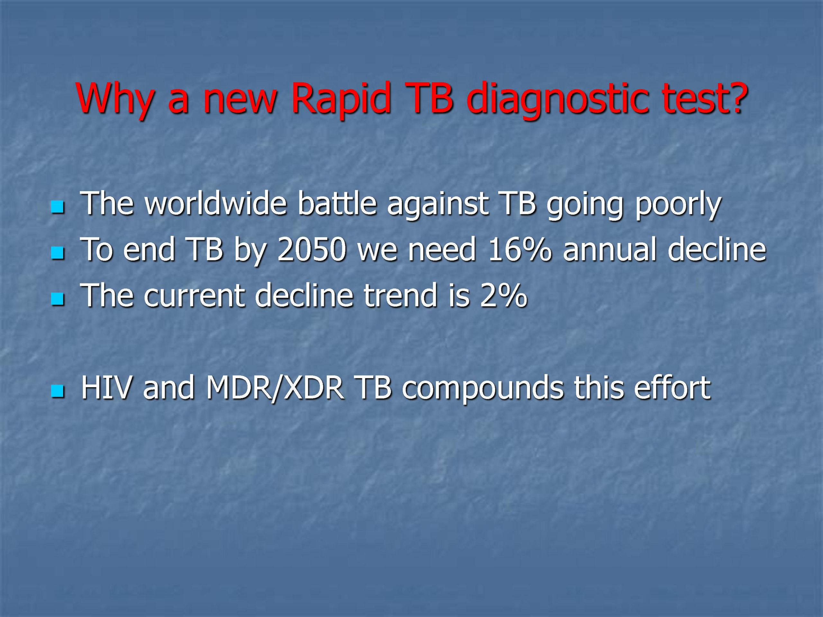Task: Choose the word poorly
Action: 678,206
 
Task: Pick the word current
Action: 194,296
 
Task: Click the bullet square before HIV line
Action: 58,391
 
